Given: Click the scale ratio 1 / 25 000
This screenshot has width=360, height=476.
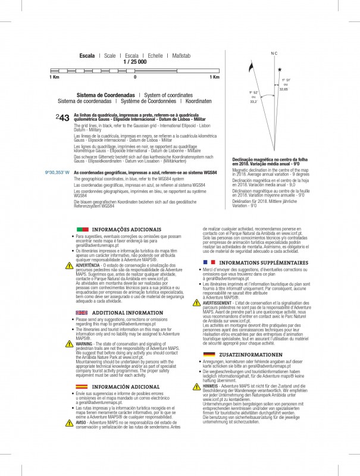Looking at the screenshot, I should [134, 62].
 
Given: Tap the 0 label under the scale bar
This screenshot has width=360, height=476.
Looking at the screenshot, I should [135, 77].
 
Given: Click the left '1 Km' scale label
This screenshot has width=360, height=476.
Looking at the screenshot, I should [54, 77].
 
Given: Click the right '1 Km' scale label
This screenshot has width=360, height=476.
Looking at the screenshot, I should [215, 77].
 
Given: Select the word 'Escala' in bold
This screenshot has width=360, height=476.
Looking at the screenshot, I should [87, 55].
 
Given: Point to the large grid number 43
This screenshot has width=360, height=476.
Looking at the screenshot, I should [65, 118].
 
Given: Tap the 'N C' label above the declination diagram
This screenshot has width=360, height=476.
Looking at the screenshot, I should [274, 54].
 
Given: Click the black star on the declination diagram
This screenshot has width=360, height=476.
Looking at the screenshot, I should [279, 69].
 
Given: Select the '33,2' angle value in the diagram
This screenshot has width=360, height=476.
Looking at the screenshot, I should [253, 102].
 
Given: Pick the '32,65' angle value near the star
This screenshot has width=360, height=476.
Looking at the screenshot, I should [284, 89].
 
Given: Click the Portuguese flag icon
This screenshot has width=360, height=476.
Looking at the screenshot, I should [82, 229].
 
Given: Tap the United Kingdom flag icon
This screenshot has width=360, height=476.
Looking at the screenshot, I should [82, 312].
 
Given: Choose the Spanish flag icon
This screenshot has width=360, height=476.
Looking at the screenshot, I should [82, 386].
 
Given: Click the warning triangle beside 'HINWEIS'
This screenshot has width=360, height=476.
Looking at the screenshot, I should [197, 386].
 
